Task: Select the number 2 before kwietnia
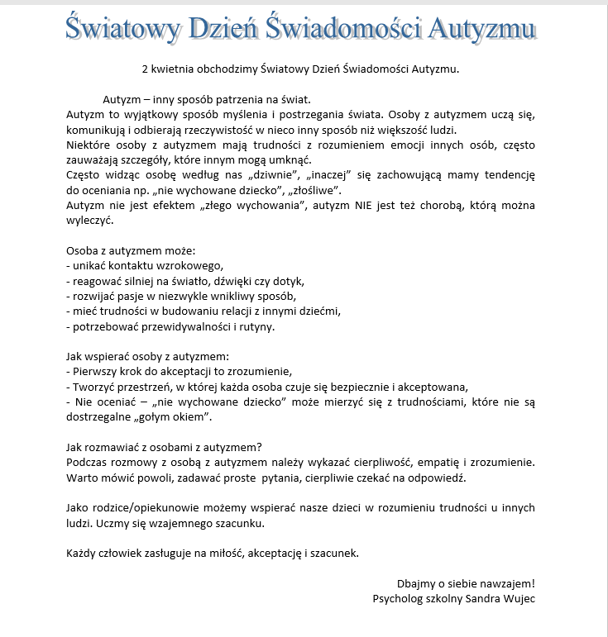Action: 145,69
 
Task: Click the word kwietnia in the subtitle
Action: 173,69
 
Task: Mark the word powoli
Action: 143,478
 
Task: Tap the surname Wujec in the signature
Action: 518,598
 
